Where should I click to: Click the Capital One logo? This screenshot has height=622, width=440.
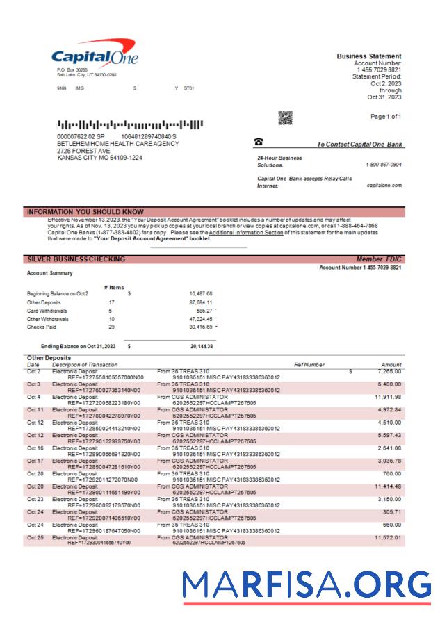[x=95, y=56]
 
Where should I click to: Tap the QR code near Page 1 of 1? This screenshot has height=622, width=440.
[x=285, y=118]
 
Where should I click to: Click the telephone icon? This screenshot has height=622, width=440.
[x=259, y=142]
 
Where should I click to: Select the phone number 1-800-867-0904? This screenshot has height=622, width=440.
[x=383, y=165]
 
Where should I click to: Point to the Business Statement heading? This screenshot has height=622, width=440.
[x=368, y=56]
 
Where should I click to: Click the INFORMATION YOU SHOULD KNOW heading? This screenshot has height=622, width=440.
[x=85, y=211]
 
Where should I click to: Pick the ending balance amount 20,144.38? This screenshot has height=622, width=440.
[x=202, y=346]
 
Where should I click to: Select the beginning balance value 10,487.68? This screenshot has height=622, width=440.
[x=200, y=293]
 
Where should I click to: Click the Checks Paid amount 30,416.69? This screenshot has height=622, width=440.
[x=200, y=327]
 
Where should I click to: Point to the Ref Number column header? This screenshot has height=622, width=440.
[x=309, y=364]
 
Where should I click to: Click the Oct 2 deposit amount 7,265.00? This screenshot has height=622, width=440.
[x=387, y=372]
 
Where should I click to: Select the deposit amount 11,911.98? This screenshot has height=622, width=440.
[x=387, y=397]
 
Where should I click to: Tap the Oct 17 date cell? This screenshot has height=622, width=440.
[x=35, y=459]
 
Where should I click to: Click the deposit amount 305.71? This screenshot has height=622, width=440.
[x=392, y=511]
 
